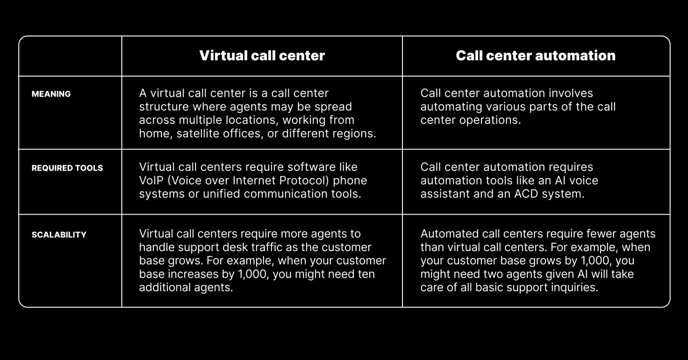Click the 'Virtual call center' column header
(262, 56)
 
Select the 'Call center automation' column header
(536, 56)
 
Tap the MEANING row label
(51, 94)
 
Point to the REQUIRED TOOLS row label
(67, 168)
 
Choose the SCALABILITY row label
(59, 235)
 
